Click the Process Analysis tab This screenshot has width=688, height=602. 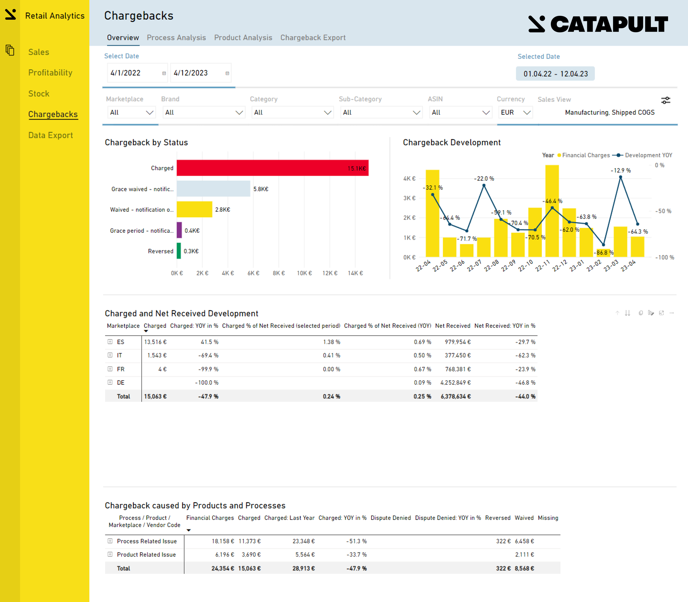[176, 38]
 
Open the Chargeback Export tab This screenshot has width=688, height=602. [313, 38]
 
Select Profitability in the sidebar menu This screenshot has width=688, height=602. [50, 72]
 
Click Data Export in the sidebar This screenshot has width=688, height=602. [50, 135]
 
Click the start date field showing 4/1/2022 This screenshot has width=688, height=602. [134, 73]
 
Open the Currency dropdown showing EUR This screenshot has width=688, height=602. [515, 113]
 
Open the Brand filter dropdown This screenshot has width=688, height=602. [204, 113]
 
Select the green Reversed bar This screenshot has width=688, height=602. [179, 251]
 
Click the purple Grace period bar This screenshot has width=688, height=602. [179, 230]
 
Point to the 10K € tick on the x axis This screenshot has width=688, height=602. [304, 273]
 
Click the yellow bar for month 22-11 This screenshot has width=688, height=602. [552, 215]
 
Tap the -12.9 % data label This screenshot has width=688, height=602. [620, 170]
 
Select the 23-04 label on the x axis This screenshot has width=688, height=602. [628, 265]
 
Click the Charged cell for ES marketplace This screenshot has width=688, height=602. [155, 342]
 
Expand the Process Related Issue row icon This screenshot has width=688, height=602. [110, 541]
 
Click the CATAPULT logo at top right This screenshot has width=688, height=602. [598, 24]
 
